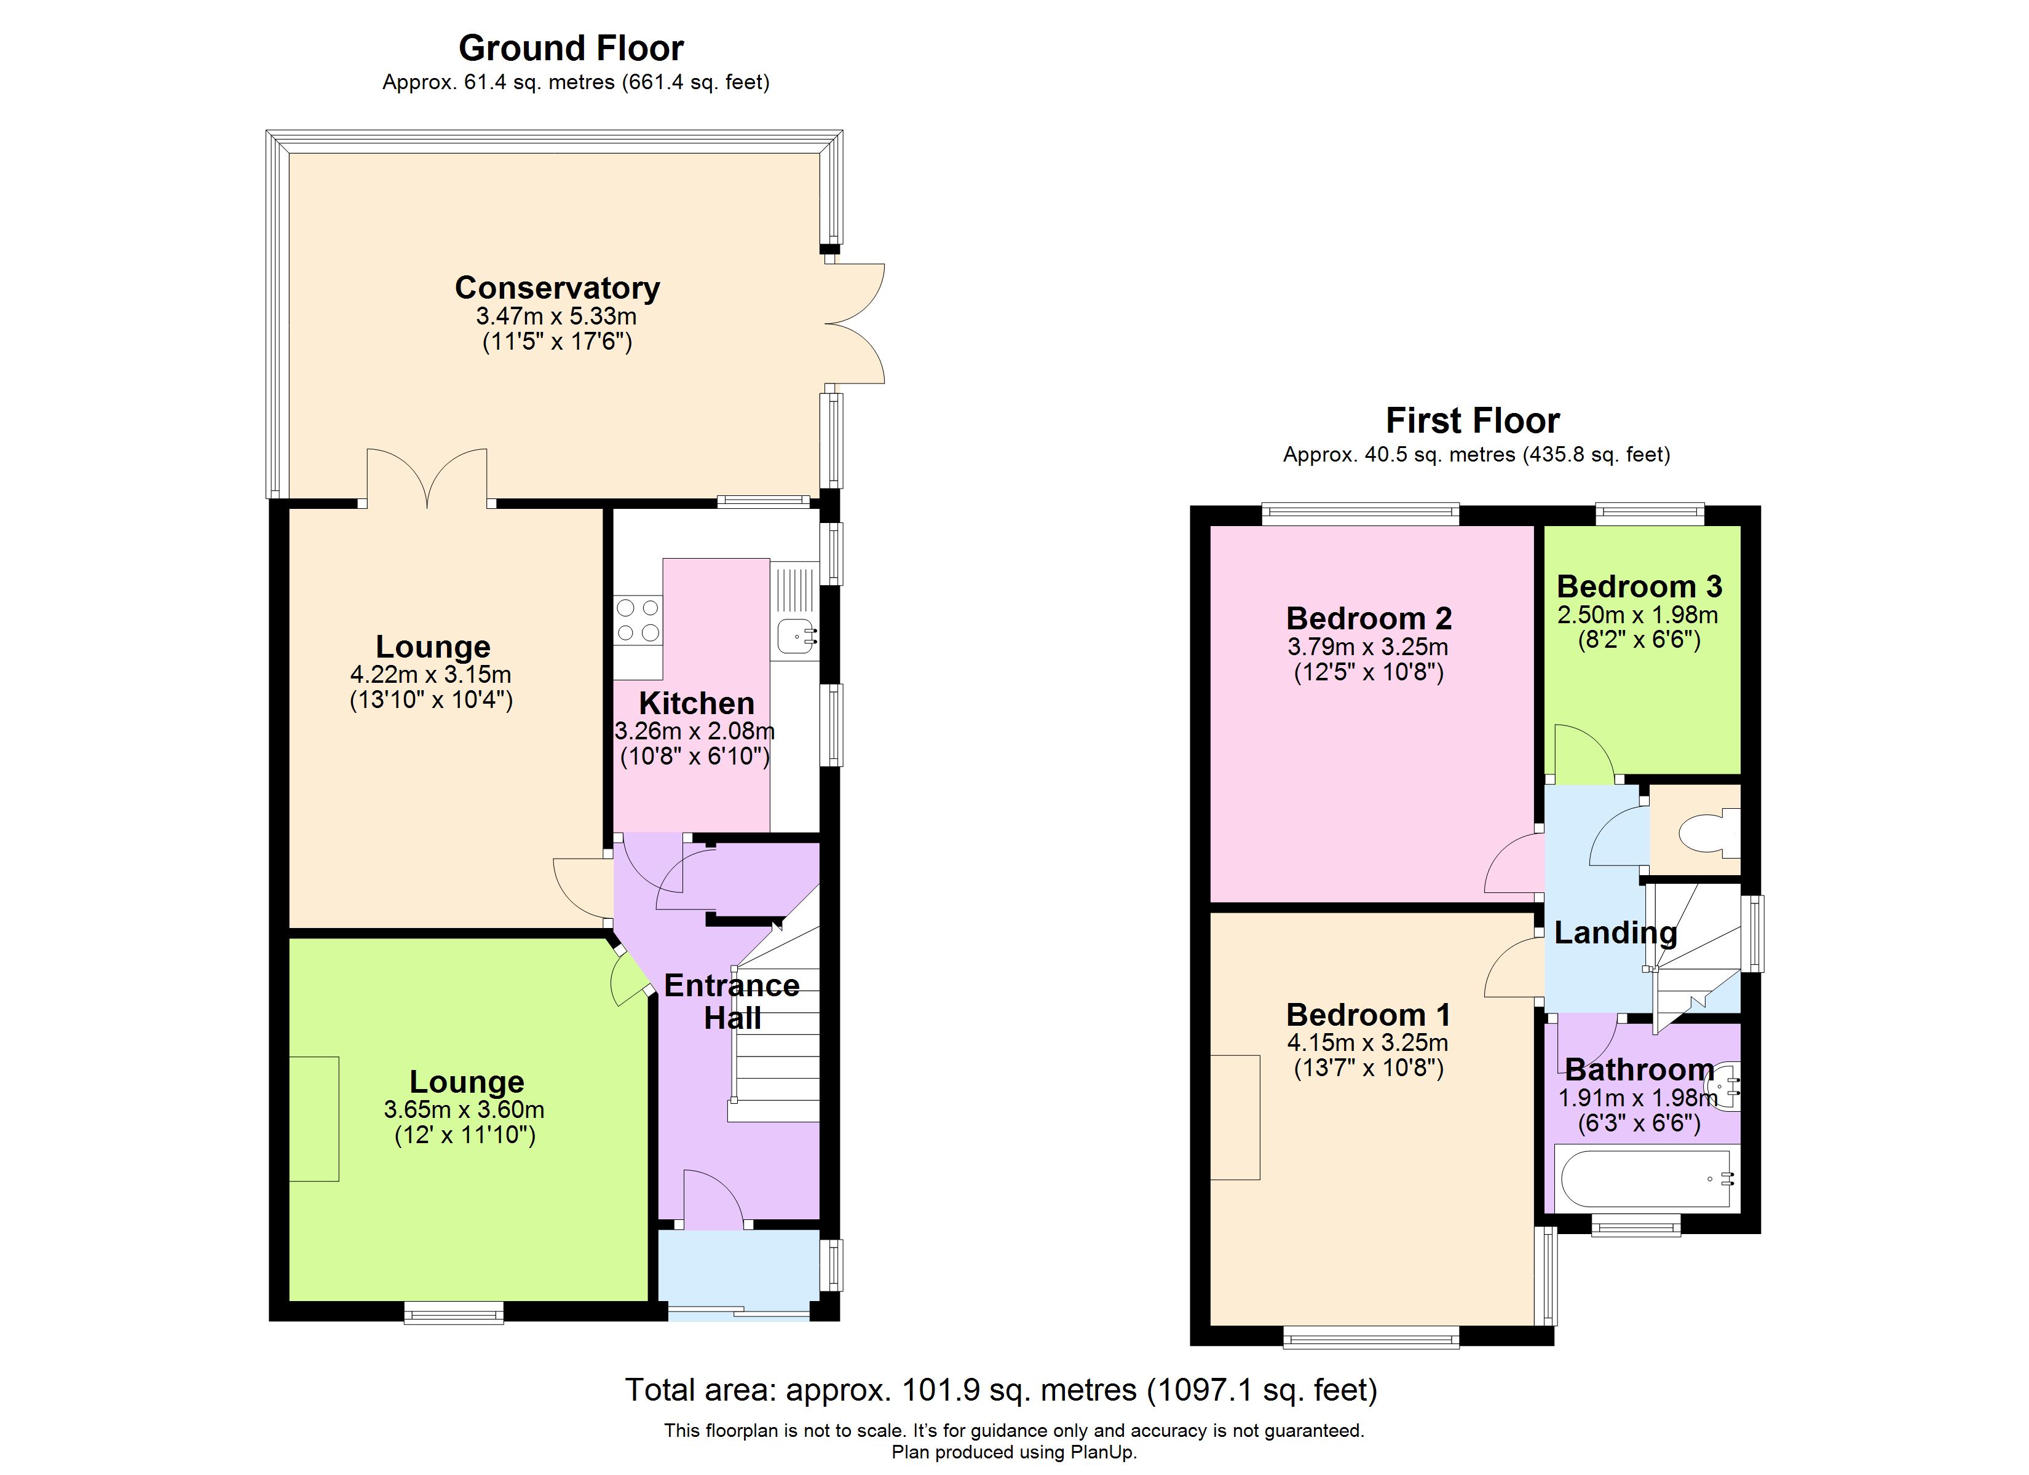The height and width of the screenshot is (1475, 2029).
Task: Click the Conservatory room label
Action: (x=557, y=288)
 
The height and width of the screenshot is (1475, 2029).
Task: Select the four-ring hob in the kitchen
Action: (x=638, y=620)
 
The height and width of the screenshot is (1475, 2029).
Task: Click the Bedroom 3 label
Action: (x=1639, y=587)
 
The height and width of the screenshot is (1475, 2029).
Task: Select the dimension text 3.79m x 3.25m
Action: (x=1368, y=647)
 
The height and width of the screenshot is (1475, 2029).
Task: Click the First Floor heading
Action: (x=1473, y=420)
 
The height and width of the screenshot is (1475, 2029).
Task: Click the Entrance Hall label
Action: (x=732, y=1002)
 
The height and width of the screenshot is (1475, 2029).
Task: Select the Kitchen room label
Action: (x=696, y=703)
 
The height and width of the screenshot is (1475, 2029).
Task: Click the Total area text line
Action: (x=1000, y=1390)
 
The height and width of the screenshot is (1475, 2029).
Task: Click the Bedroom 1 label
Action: (x=1368, y=1015)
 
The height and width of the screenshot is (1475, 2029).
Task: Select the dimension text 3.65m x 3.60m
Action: (x=464, y=1110)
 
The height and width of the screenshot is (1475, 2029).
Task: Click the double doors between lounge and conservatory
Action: (x=428, y=479)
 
